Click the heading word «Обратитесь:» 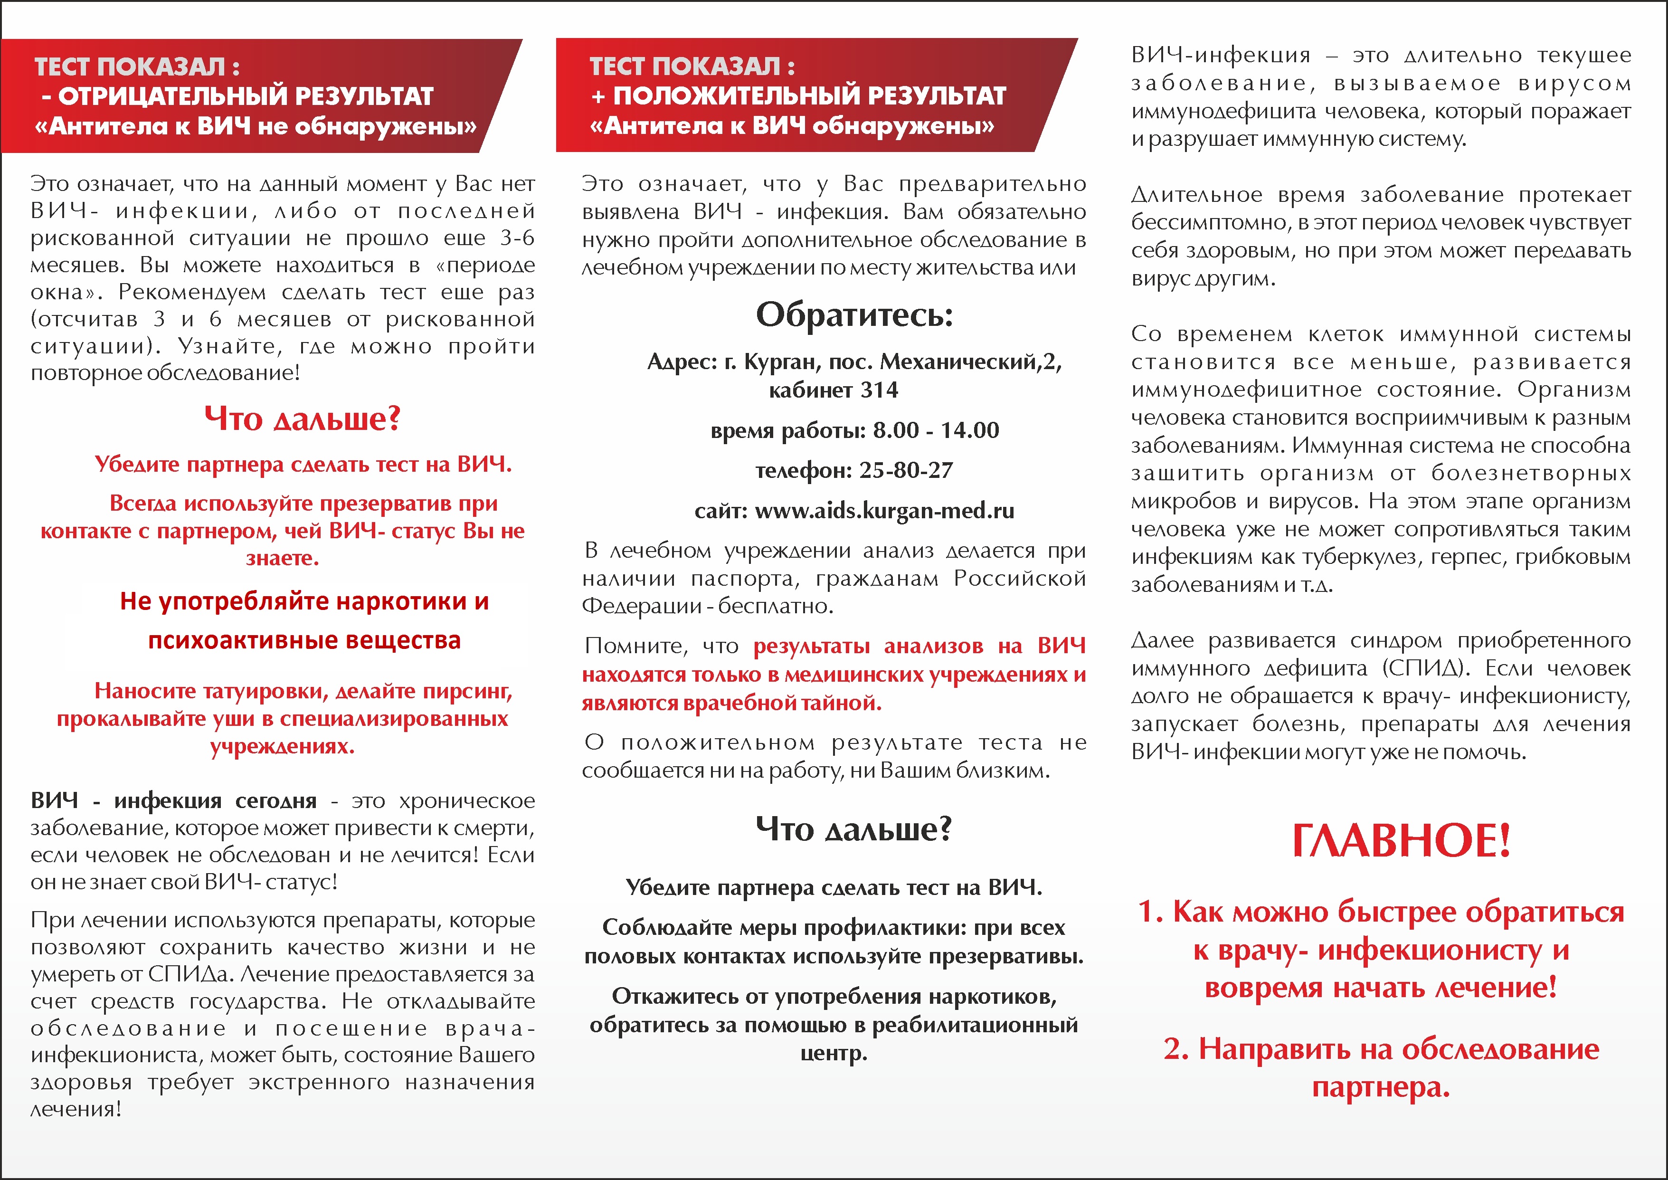point(854,314)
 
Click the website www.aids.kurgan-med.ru point(884,511)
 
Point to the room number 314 point(879,390)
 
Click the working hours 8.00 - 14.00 point(936,430)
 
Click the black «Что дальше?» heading point(853,829)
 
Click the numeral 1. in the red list point(1151,912)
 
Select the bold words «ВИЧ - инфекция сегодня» point(174,801)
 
